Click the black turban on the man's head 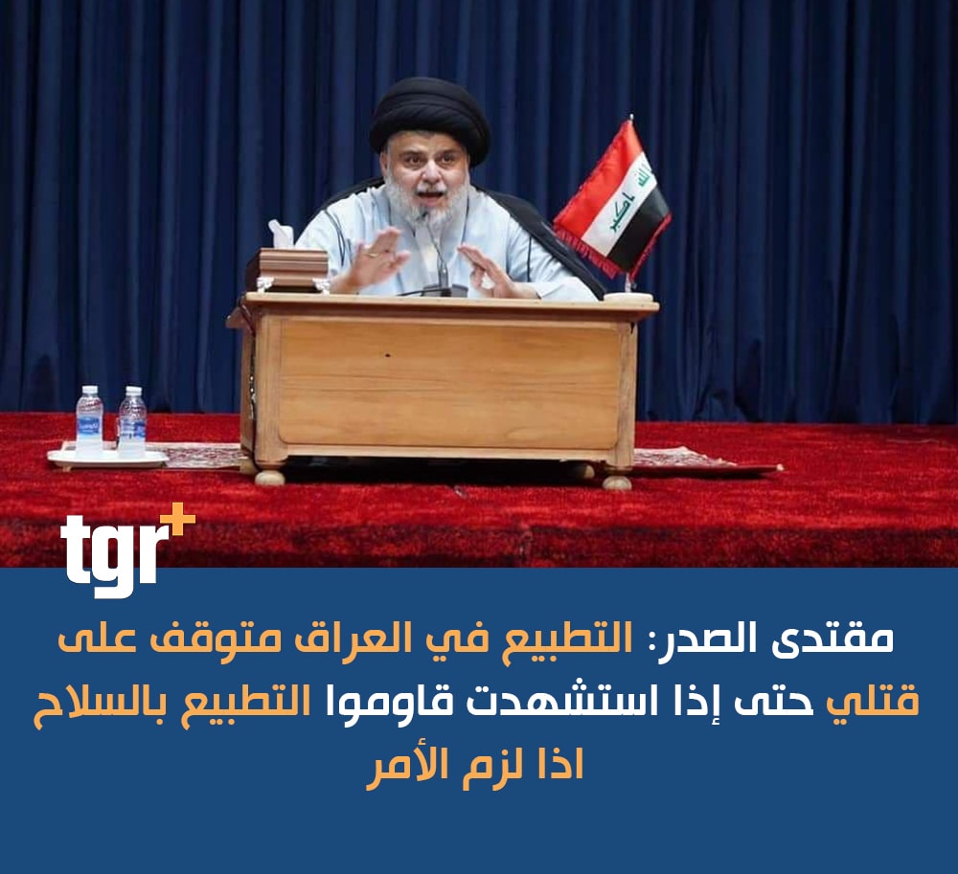click(429, 123)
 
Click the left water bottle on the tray click(89, 421)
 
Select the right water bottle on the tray click(132, 421)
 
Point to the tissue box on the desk click(292, 262)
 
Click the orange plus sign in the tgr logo click(180, 521)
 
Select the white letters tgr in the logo click(114, 554)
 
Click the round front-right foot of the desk click(616, 482)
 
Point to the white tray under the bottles click(107, 458)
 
